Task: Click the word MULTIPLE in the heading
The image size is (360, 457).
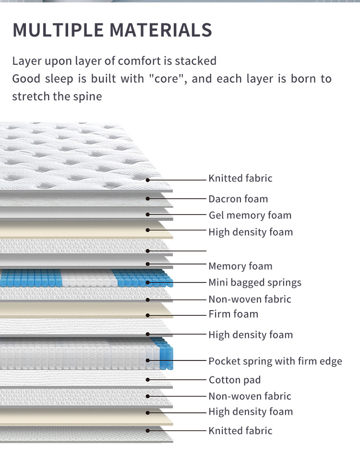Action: pyautogui.click(x=58, y=30)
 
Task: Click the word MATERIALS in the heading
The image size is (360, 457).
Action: pyautogui.click(x=161, y=30)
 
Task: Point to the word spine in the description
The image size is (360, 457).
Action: pyautogui.click(x=89, y=96)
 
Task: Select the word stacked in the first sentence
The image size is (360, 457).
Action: pyautogui.click(x=195, y=61)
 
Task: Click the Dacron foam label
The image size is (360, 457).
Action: pyautogui.click(x=238, y=199)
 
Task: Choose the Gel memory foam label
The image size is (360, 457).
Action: pyautogui.click(x=250, y=215)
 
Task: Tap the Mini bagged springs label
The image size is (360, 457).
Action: pyautogui.click(x=255, y=282)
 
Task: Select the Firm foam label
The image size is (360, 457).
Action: pyautogui.click(x=233, y=314)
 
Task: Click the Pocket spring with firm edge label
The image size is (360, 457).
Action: pyautogui.click(x=275, y=361)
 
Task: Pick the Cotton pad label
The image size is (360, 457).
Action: pyautogui.click(x=235, y=380)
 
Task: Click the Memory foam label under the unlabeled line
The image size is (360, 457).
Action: pyautogui.click(x=240, y=266)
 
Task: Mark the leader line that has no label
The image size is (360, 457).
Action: pyautogui.click(x=178, y=251)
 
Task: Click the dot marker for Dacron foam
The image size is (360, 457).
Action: pyautogui.click(x=148, y=198)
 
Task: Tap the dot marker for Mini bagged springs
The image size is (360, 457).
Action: pyautogui.click(x=148, y=282)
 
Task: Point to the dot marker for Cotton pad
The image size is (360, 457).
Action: pyautogui.click(x=148, y=380)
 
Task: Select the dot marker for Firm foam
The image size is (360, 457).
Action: pyautogui.click(x=148, y=315)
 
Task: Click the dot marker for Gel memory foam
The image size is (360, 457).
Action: pyautogui.click(x=148, y=215)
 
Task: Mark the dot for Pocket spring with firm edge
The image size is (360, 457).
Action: pyautogui.click(x=148, y=360)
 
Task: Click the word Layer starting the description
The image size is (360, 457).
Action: pyautogui.click(x=26, y=61)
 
